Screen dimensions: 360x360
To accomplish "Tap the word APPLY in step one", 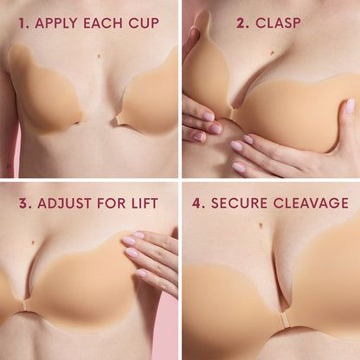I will [53, 22].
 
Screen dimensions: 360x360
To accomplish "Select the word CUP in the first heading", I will [142, 22].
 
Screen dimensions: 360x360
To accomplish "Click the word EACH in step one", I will [101, 22].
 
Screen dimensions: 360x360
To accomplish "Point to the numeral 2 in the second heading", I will [241, 22].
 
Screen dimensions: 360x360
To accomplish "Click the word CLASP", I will [281, 22].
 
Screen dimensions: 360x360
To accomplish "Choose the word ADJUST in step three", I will [63, 204].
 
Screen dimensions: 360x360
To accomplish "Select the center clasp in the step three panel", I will [24, 305].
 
